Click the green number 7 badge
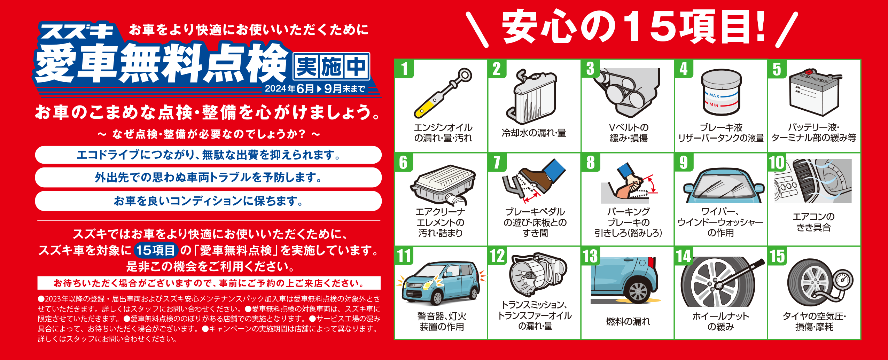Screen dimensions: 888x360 point(497,163)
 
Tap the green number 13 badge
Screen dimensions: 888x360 point(591,256)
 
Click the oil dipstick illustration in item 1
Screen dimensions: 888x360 point(443,93)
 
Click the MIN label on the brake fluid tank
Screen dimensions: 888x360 point(714,104)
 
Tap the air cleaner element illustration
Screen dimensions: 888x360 point(443,185)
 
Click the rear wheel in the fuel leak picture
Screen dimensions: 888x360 point(639,290)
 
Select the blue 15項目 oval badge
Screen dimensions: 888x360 point(156,250)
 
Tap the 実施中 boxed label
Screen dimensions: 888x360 point(331,66)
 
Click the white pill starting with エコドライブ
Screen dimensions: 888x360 point(208,155)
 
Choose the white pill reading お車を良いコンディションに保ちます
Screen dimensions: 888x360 point(208,201)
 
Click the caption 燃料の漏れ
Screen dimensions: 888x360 point(628,321)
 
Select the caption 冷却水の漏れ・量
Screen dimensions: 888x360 point(534,133)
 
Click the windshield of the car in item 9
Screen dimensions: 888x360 point(720,185)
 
